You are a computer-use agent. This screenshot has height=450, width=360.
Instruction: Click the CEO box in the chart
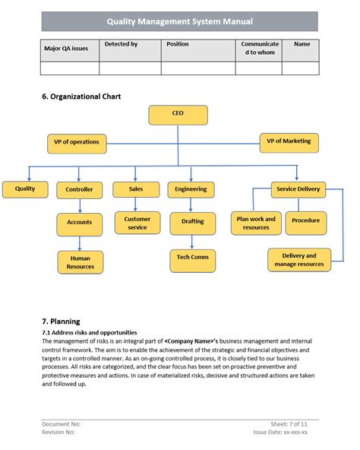pos(178,115)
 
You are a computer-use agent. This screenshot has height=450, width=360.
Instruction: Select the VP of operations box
pos(77,141)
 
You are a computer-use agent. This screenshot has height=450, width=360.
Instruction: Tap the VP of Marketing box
pos(289,141)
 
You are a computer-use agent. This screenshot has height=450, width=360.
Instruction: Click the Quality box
pos(25,189)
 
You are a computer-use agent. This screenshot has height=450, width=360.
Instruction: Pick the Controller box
pos(80,189)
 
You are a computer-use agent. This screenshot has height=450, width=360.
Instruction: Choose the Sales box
pos(136,189)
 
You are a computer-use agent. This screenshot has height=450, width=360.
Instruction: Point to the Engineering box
pos(191,189)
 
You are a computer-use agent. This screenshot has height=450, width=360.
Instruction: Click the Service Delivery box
pos(298,189)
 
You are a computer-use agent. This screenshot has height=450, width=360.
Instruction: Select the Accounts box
pos(80,223)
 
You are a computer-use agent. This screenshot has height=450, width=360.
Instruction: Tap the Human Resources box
pos(80,262)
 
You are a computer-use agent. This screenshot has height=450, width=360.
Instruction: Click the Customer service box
pos(137,223)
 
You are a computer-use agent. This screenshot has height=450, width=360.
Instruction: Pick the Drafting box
pos(192,223)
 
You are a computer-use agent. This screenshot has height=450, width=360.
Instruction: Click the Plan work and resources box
pos(256,223)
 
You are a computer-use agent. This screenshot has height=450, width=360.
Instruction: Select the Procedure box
pos(306,221)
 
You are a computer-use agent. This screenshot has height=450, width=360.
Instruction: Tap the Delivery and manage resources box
pos(299,260)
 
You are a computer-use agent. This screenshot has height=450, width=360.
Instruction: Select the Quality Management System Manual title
pos(179,22)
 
